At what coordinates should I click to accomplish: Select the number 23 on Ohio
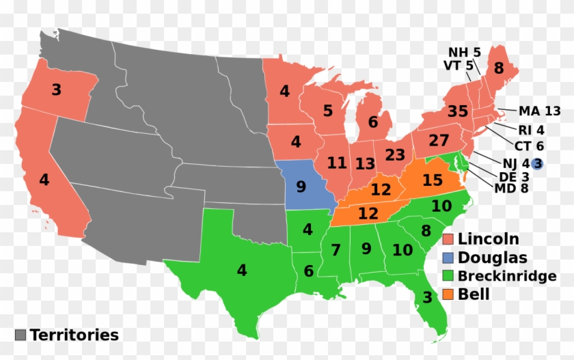coord(395,155)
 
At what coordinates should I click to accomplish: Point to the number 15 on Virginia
coord(433,180)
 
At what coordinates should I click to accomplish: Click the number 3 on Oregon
coord(56,89)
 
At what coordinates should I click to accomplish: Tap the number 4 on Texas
coord(242,270)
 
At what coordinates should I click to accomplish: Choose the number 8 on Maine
coord(499,68)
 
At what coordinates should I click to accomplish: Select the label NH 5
coord(465,52)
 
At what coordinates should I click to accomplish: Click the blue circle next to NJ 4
coord(537,163)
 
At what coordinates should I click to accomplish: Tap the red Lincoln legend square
coord(448,240)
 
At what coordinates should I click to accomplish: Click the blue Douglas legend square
coord(448,258)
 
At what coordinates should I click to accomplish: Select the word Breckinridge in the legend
coord(507,277)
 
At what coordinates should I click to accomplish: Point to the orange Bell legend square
coord(448,295)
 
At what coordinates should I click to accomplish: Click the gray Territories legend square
coord(20,335)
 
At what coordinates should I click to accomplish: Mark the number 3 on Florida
coord(428,297)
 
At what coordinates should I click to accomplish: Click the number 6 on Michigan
coord(372,122)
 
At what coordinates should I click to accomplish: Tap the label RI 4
coord(531,130)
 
